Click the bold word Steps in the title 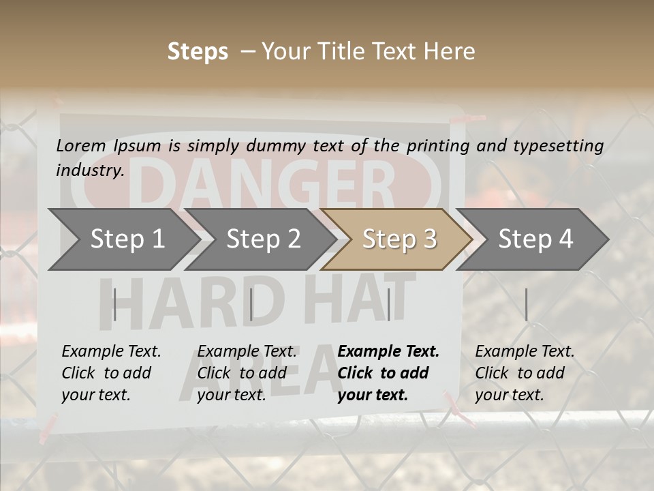click(198, 52)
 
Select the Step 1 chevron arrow click(123, 239)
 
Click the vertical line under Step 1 click(114, 304)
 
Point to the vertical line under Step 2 click(251, 304)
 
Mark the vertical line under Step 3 click(388, 304)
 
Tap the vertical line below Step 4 click(526, 304)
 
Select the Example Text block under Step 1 click(111, 373)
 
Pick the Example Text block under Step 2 click(247, 373)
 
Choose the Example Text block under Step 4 click(525, 373)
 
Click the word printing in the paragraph click(439, 146)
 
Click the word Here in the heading click(450, 52)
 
